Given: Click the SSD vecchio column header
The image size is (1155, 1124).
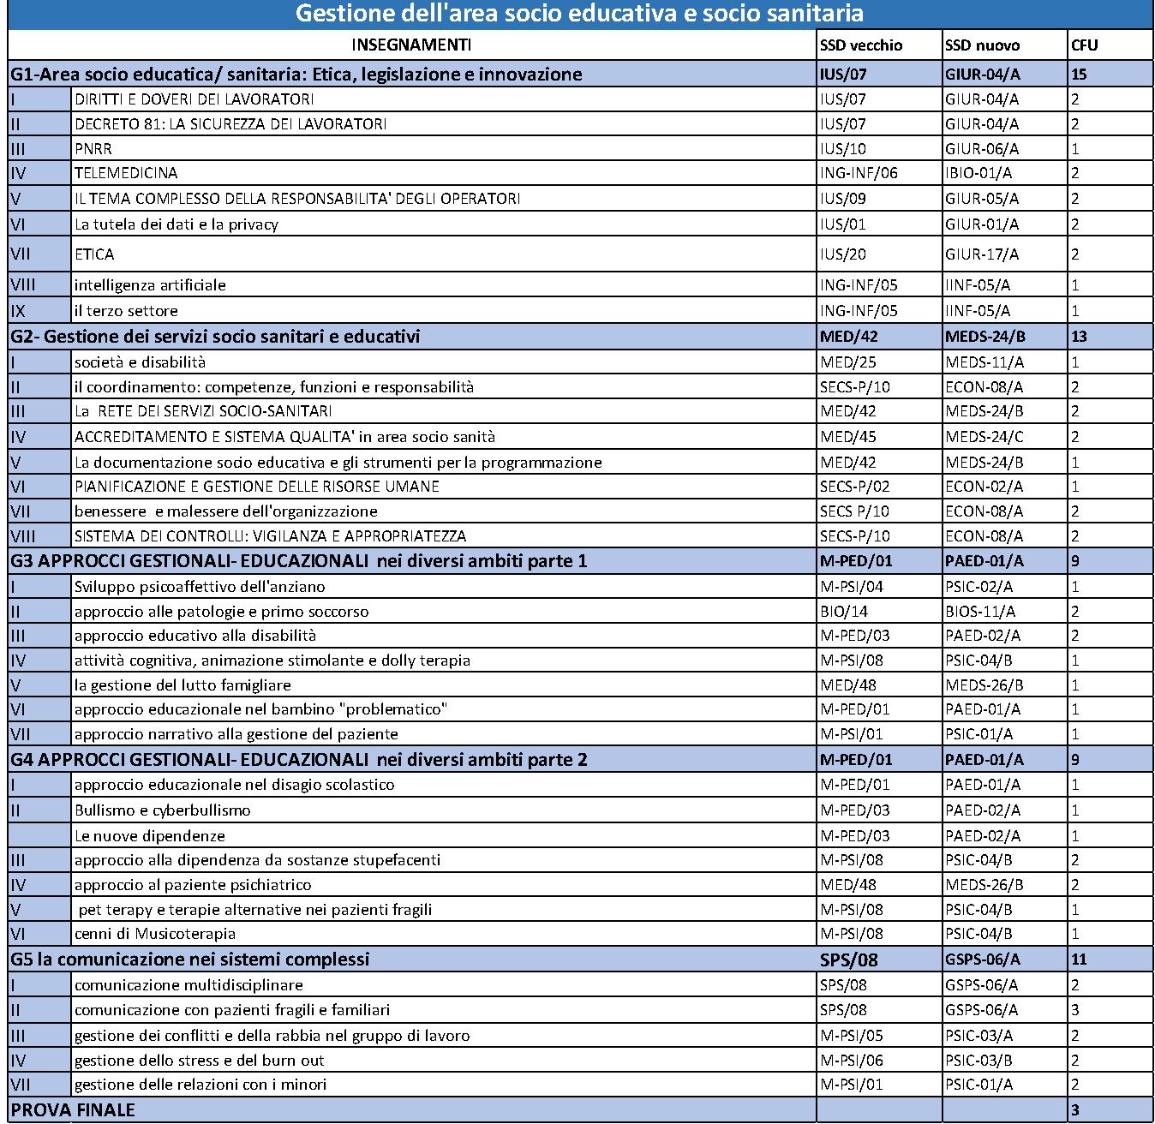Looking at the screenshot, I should coord(861,45).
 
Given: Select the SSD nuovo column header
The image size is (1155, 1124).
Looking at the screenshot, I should coord(982,45).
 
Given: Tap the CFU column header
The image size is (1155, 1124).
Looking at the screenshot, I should coord(1084,45).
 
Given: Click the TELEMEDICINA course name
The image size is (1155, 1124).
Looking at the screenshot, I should coord(126,173).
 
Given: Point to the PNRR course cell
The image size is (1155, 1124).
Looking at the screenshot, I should coord(93,148).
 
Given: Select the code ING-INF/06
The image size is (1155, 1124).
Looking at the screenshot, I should coord(859,173).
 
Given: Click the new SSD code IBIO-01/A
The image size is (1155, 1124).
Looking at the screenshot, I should coord(978,173).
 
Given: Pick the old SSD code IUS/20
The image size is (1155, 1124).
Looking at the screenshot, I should coord(843,254).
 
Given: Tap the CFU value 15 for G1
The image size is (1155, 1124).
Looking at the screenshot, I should coord(1079,75).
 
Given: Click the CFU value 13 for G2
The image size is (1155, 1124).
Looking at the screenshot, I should coord(1079,337).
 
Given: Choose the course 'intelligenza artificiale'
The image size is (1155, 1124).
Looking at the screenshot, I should coord(150,285).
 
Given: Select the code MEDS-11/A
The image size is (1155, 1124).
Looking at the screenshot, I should coord(984,362).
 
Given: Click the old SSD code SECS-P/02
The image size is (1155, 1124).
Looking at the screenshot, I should coord(855,487).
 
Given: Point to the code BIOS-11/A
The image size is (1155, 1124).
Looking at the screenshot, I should coord(980,612).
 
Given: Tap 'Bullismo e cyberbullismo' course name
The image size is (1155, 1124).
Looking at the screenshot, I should coord(163,810).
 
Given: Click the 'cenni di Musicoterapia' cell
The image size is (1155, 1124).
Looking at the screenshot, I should coord(155,934).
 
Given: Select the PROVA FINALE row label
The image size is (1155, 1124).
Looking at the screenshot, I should coord(73,1110).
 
